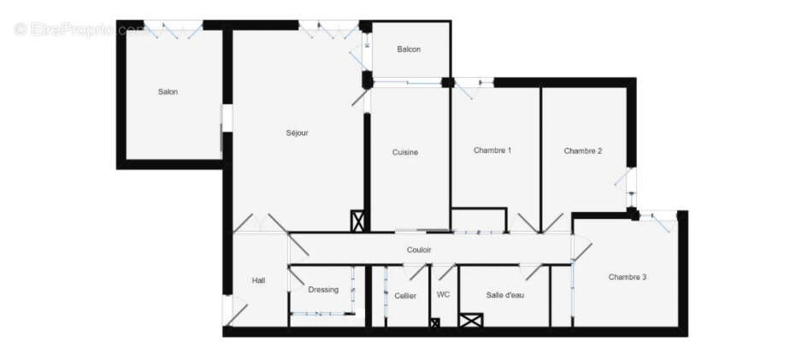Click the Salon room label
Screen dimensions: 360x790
pos(168,92)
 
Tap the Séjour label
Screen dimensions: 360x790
pos(297,133)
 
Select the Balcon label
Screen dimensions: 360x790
pos(409,50)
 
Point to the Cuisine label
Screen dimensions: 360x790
pos(405,152)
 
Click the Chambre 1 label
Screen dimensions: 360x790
pos(492,150)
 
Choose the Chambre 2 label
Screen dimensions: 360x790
pos(583,151)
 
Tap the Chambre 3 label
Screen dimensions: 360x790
pos(628,277)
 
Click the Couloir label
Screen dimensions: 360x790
pos(419,250)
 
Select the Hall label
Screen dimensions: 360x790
pos(258,280)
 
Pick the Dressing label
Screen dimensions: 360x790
pos(323,290)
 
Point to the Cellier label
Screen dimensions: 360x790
pos(405,296)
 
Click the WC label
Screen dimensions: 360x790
pos(443,295)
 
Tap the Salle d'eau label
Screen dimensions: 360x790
pos(505,295)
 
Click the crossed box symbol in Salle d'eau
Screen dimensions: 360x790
pos(471,321)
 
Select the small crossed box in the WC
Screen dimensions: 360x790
pos(434,322)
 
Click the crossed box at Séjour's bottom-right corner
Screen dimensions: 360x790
pos(358,221)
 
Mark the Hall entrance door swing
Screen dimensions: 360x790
pos(237,313)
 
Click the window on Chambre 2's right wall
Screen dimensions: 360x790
pos(631,179)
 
